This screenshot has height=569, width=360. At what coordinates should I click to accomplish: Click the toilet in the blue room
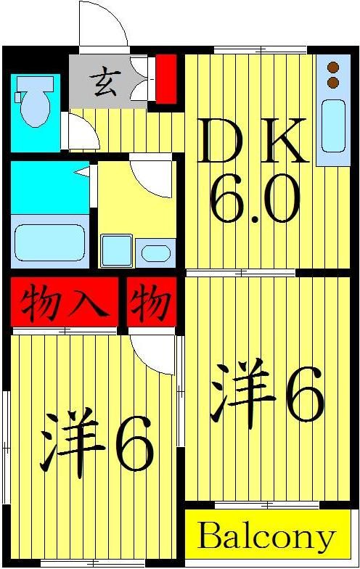pyautogui.click(x=34, y=101)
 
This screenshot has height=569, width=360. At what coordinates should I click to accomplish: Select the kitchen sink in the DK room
pyautogui.click(x=334, y=127)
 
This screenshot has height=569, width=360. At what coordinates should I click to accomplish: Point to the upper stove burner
pyautogui.click(x=334, y=67)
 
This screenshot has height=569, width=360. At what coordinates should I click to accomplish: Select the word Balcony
pyautogui.click(x=266, y=538)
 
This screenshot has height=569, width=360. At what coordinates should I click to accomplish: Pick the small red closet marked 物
pyautogui.click(x=152, y=300)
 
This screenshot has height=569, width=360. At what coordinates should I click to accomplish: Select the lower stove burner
pyautogui.click(x=334, y=81)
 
